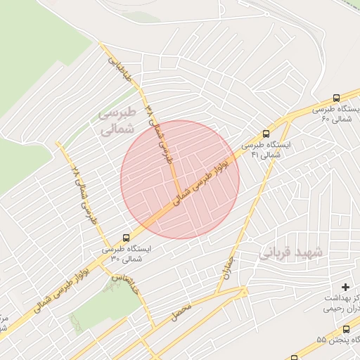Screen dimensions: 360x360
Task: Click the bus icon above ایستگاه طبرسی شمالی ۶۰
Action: tap(336, 99)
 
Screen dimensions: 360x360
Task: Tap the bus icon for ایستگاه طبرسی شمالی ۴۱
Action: tap(266, 133)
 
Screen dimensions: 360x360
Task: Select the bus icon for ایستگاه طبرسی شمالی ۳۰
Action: tap(126, 238)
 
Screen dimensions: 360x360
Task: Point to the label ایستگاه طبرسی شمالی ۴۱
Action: tap(265, 148)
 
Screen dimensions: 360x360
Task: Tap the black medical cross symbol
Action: tap(345, 287)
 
